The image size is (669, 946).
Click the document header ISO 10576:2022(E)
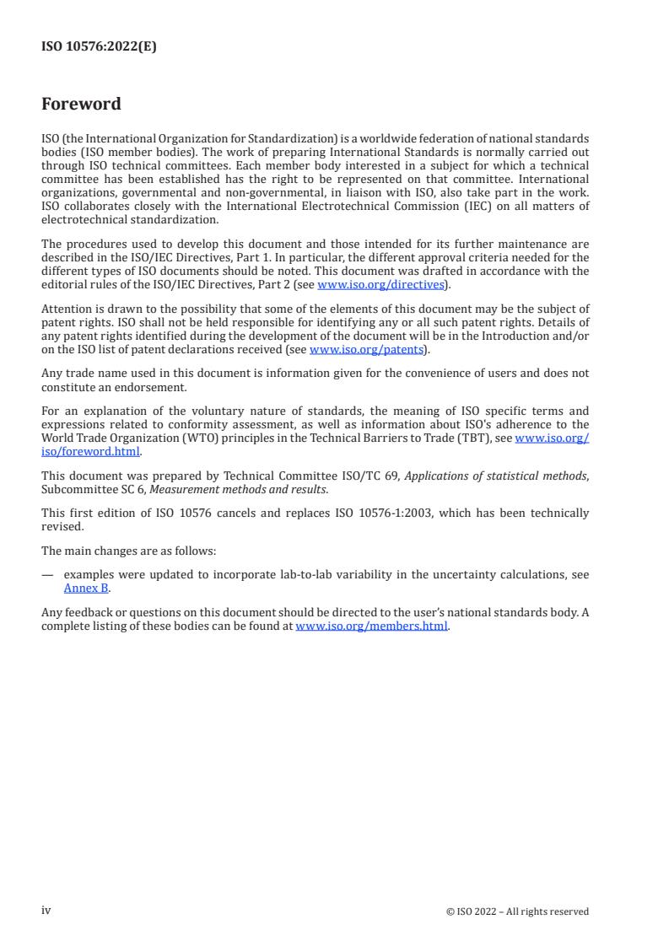coord(99,47)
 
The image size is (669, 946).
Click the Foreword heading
coord(81,105)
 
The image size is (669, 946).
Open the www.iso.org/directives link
coord(380,285)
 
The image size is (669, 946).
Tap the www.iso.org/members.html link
coord(371,627)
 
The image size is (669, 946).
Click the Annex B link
coord(87,589)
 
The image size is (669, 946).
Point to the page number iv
coord(46,911)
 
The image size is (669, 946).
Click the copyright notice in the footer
coord(517,911)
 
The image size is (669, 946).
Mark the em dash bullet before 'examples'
coord(47,575)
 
